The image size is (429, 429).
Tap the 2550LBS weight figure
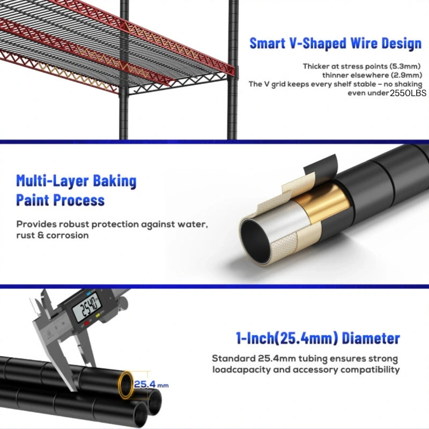(x=408, y=93)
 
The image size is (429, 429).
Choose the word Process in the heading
(x=79, y=199)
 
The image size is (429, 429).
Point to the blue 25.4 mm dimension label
(x=151, y=384)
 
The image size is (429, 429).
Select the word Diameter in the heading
(x=371, y=338)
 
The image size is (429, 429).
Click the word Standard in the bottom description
(x=234, y=358)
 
